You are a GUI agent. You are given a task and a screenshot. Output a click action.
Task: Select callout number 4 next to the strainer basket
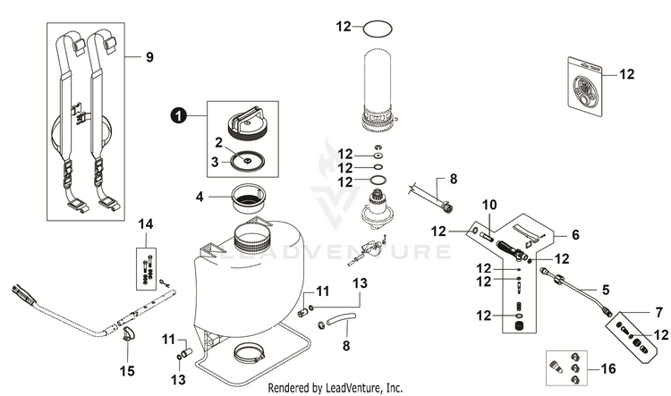(200, 196)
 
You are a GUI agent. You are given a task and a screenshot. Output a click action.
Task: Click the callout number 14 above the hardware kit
(146, 222)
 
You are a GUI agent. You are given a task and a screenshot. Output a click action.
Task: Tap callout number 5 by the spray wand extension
(607, 290)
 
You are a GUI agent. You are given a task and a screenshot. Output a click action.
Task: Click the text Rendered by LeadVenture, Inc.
(335, 387)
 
